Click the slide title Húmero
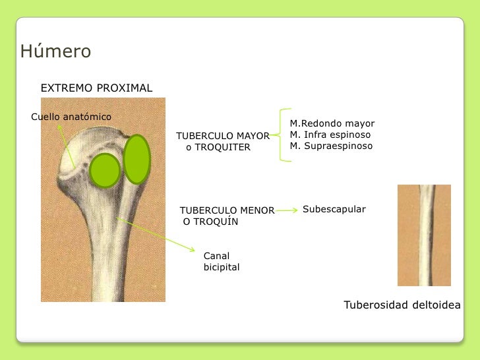point(55,51)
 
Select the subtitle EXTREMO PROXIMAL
point(96,88)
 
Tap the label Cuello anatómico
point(71,117)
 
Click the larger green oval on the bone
point(137,159)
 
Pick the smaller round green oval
point(105,170)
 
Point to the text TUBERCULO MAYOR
point(222,136)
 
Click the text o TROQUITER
point(218,147)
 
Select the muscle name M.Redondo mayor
point(332,123)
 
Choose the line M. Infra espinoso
point(330,135)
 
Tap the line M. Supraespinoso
point(331,146)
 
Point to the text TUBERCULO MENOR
point(227,210)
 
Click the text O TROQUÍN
point(210,222)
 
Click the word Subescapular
point(334,209)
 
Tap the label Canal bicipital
point(221,261)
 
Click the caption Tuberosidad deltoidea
point(402,305)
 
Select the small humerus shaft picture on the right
point(424,235)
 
